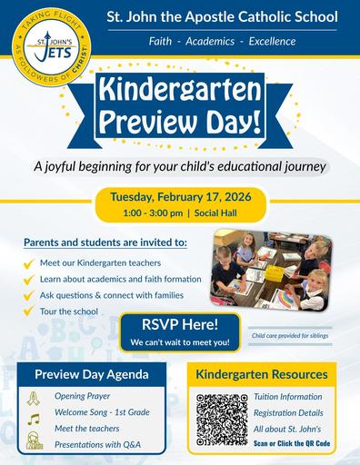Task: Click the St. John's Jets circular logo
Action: [x=49, y=51]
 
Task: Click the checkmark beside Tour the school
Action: [x=30, y=312]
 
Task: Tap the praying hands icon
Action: [x=35, y=397]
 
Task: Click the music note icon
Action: [x=35, y=420]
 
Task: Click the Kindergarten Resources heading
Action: [x=262, y=374]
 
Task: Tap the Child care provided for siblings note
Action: [x=290, y=335]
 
